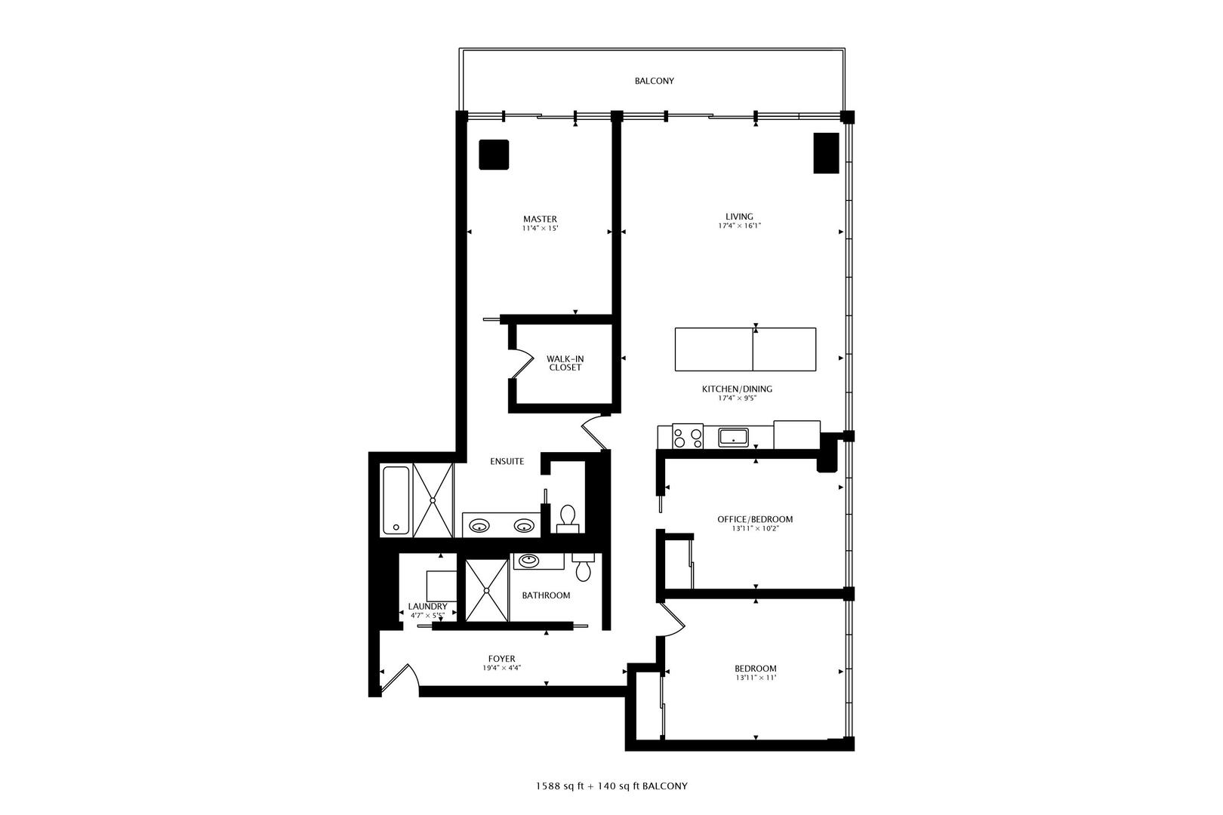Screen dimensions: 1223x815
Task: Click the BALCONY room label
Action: point(654,81)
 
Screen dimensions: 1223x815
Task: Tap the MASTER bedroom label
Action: point(540,219)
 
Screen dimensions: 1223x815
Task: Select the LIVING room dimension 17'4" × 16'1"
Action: point(739,226)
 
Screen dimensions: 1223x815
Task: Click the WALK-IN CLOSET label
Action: point(565,363)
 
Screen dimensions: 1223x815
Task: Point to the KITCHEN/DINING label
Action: point(737,389)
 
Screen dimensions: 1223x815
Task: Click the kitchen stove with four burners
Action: point(688,436)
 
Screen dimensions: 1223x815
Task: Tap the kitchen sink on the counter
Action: point(733,437)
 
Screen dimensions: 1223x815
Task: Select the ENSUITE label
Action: point(507,461)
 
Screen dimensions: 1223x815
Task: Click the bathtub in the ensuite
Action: point(396,500)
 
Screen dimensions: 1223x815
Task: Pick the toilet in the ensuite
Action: point(568,518)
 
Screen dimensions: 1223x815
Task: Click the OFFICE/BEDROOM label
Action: point(754,519)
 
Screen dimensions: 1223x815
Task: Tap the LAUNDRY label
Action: point(427,607)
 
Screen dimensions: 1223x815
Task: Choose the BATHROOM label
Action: point(546,595)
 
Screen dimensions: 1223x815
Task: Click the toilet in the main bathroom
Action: point(583,567)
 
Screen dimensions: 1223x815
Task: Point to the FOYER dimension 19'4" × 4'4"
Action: point(501,668)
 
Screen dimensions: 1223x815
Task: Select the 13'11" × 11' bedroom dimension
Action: point(756,678)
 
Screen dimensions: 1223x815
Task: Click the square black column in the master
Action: point(494,155)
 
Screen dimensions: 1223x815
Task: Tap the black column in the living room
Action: point(826,153)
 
